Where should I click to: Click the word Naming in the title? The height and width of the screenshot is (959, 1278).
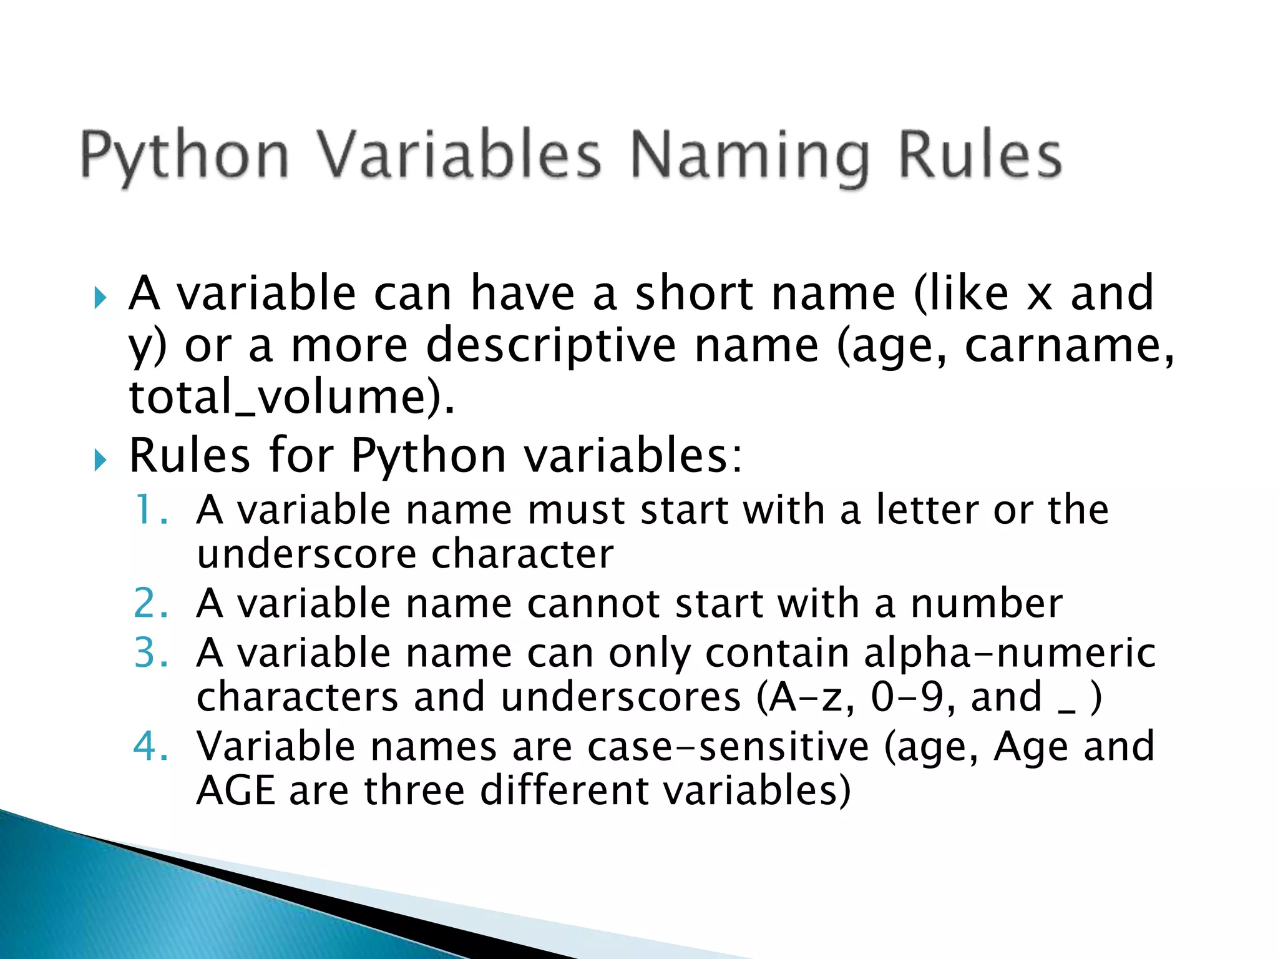[749, 156]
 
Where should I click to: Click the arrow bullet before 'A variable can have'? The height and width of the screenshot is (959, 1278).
[100, 298]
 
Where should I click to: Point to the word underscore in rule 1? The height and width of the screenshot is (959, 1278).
[308, 554]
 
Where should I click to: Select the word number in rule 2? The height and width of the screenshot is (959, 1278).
[986, 603]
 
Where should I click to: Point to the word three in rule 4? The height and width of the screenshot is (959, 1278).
[414, 790]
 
